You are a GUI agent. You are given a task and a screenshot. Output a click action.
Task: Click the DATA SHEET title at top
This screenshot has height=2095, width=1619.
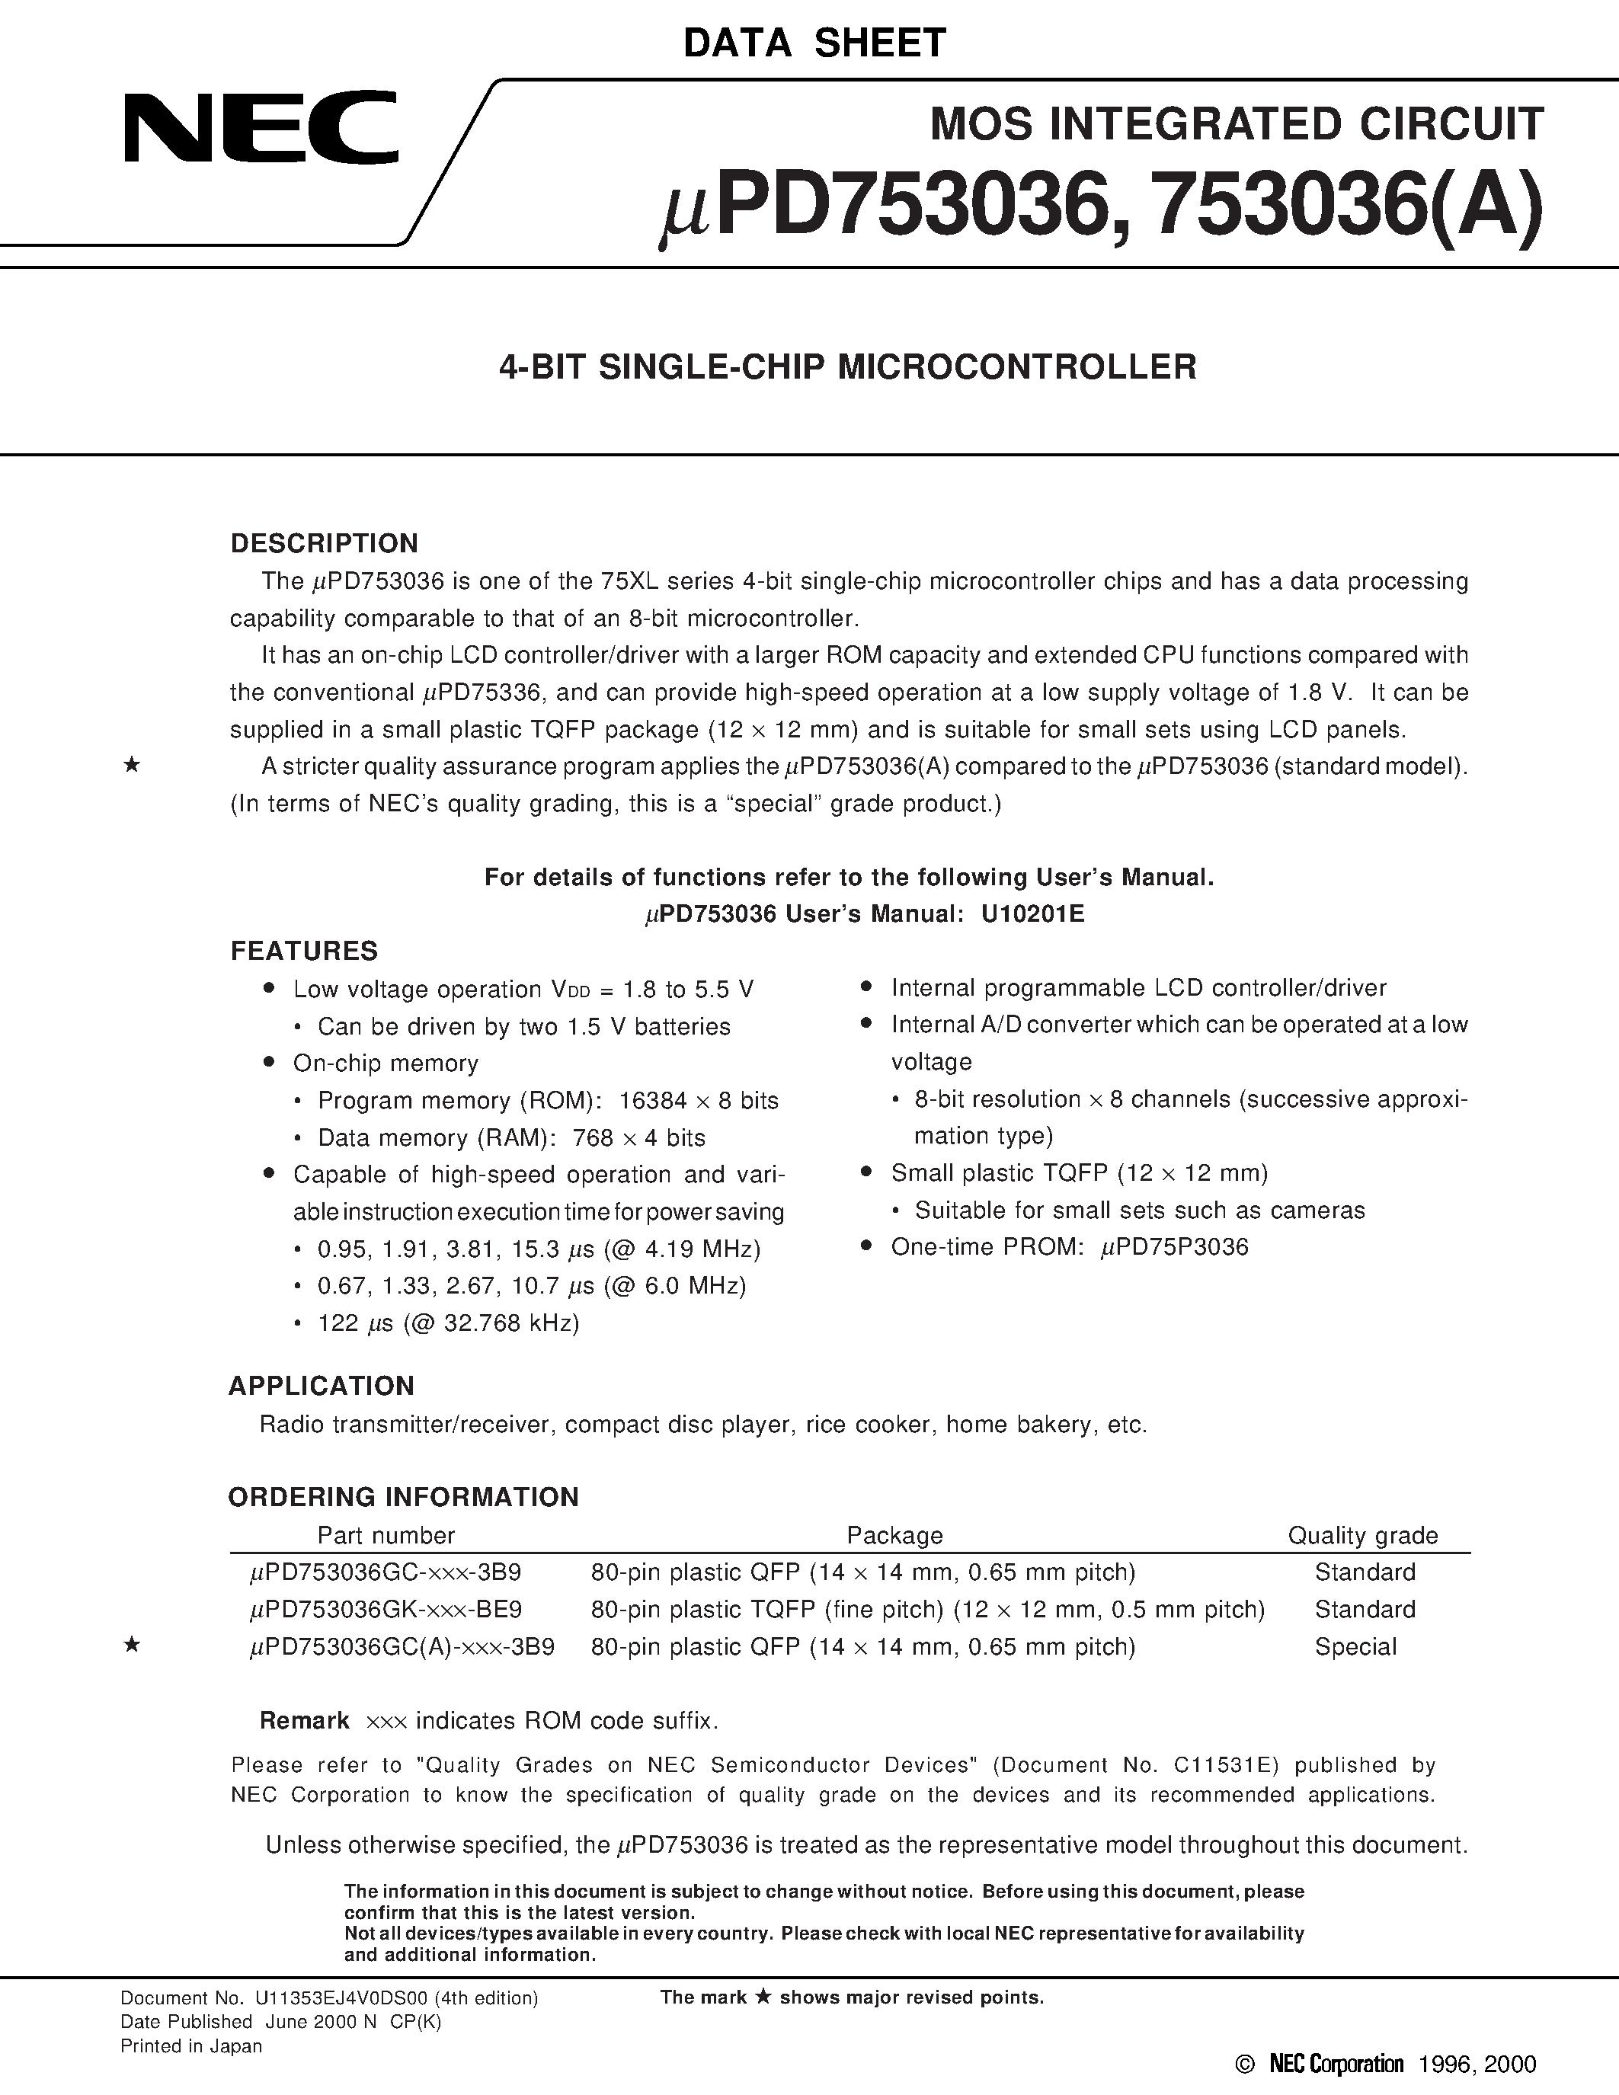click(x=814, y=43)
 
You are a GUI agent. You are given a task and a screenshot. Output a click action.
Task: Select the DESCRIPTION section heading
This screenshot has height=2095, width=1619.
click(x=325, y=543)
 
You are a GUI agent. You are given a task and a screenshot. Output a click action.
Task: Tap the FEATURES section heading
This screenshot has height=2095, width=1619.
click(x=304, y=951)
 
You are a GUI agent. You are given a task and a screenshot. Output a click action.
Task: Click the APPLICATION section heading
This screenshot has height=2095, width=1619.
click(x=322, y=1385)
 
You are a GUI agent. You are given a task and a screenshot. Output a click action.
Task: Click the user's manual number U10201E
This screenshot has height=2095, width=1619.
click(x=1032, y=913)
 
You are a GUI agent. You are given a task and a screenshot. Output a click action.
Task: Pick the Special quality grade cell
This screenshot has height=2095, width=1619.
click(x=1355, y=1646)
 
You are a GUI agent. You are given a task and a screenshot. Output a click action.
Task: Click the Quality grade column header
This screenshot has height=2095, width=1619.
click(x=1362, y=1535)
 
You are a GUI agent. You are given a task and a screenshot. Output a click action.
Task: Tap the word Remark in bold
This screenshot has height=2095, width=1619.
click(x=304, y=1720)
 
